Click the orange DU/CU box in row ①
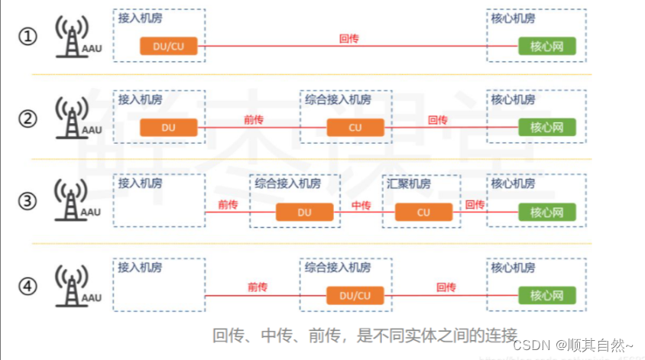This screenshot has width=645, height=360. (169, 46)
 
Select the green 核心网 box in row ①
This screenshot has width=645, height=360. (546, 46)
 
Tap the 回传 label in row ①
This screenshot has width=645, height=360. (349, 37)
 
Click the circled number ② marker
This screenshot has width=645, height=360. (28, 119)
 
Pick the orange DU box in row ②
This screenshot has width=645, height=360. (169, 128)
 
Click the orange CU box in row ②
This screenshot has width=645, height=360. (355, 128)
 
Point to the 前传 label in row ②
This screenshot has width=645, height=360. (254, 120)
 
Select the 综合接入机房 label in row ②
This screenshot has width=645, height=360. (338, 99)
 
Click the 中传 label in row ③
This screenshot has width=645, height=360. (361, 205)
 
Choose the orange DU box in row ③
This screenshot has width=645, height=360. (304, 212)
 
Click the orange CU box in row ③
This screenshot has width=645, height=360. (423, 212)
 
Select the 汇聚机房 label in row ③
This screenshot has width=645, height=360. (409, 184)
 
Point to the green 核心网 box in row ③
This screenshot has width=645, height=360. (546, 212)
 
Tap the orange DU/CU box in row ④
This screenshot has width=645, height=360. (355, 295)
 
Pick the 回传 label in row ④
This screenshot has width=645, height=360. (446, 287)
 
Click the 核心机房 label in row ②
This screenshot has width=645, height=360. (514, 99)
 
